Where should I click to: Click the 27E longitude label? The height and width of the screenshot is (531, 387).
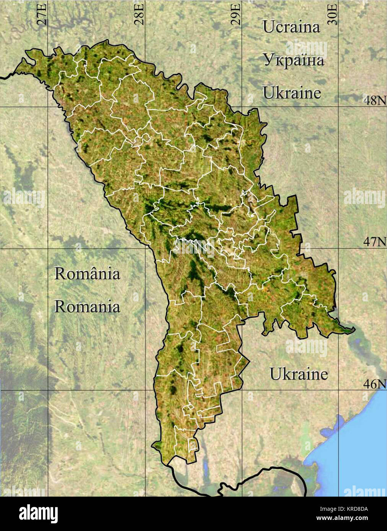point(42,14)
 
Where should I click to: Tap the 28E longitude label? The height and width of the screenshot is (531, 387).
point(139,14)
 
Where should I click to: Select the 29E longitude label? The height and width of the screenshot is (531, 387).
point(236,14)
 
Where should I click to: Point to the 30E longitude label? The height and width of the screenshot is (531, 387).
point(333,14)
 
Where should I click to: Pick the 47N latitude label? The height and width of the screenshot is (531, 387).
point(374,242)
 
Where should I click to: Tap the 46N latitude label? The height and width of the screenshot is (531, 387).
point(374,384)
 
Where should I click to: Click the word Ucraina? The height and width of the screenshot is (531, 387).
point(291,27)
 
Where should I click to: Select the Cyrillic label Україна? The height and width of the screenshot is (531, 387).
point(293,60)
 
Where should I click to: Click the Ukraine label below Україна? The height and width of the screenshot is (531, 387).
point(291,93)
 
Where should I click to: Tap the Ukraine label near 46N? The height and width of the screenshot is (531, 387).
point(298,374)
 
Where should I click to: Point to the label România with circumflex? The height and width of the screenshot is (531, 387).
point(87,274)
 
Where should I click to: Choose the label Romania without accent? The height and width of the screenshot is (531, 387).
point(87,306)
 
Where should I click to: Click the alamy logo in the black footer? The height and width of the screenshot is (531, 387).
point(38,514)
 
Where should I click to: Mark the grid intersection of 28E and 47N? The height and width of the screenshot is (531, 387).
point(145,249)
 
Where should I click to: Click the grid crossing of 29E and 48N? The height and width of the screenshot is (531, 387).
point(241,107)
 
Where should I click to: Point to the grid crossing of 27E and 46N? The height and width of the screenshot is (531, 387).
point(48,390)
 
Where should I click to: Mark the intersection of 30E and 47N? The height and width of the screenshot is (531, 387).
point(338,249)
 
